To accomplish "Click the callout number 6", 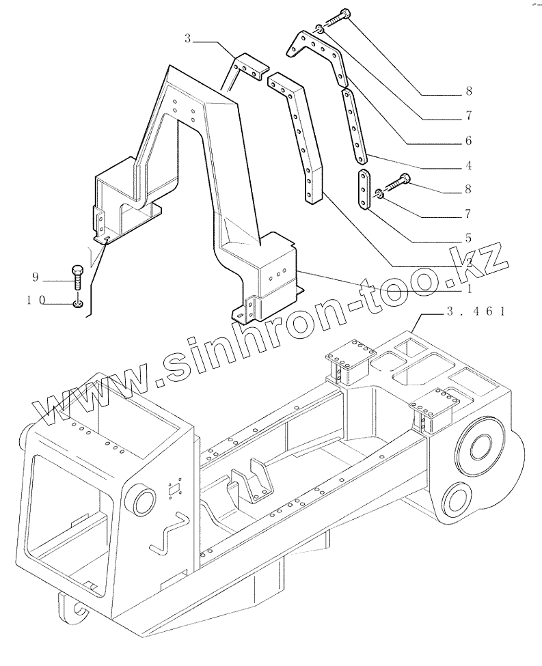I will click(468, 141).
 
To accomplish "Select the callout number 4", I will click(468, 165).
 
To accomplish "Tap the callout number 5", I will click(468, 238).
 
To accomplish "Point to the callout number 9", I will click(36, 277).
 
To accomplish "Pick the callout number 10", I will click(36, 300).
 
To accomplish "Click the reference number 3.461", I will click(476, 312).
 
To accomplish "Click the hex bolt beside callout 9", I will click(77, 277).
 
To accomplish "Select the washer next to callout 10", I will click(79, 303).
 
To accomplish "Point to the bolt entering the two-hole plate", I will click(396, 184).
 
